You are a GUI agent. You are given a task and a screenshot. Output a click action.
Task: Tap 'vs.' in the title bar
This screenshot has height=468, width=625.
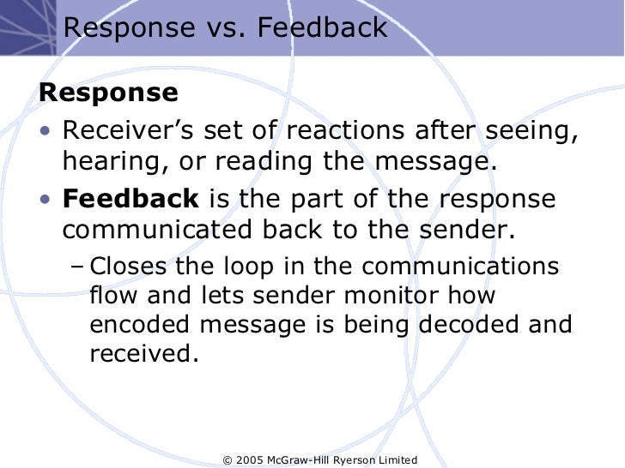tap(223, 29)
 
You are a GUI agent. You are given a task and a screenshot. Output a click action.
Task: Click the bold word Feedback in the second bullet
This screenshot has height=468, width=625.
tap(130, 199)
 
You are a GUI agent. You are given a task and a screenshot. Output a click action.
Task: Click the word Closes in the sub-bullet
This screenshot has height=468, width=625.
tap(127, 266)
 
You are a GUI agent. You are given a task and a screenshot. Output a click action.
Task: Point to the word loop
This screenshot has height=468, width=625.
tap(254, 266)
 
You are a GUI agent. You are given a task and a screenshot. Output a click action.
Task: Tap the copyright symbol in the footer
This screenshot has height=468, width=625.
tap(228, 460)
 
